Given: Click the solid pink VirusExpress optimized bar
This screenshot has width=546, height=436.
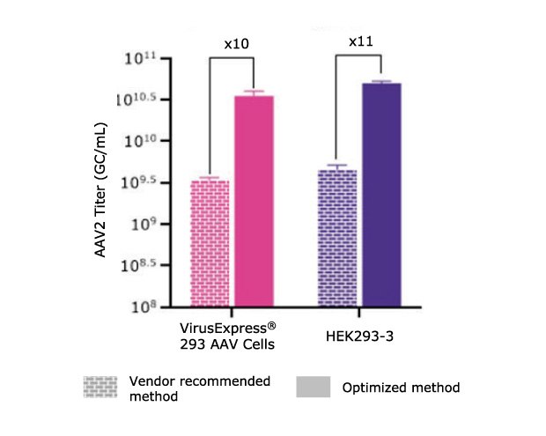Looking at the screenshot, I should coord(254,201).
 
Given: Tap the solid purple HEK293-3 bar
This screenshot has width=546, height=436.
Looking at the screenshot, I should coord(382,195).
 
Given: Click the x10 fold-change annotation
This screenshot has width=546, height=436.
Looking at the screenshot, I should coord(232,44).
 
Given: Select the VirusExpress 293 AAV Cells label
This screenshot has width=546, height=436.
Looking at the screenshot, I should coord(227,335).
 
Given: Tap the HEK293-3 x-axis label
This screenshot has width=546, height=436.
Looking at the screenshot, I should coord(360,327).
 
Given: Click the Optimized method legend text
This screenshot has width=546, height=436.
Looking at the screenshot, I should coord(401,388).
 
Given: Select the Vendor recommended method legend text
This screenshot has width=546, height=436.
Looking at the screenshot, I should coord(199,388).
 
